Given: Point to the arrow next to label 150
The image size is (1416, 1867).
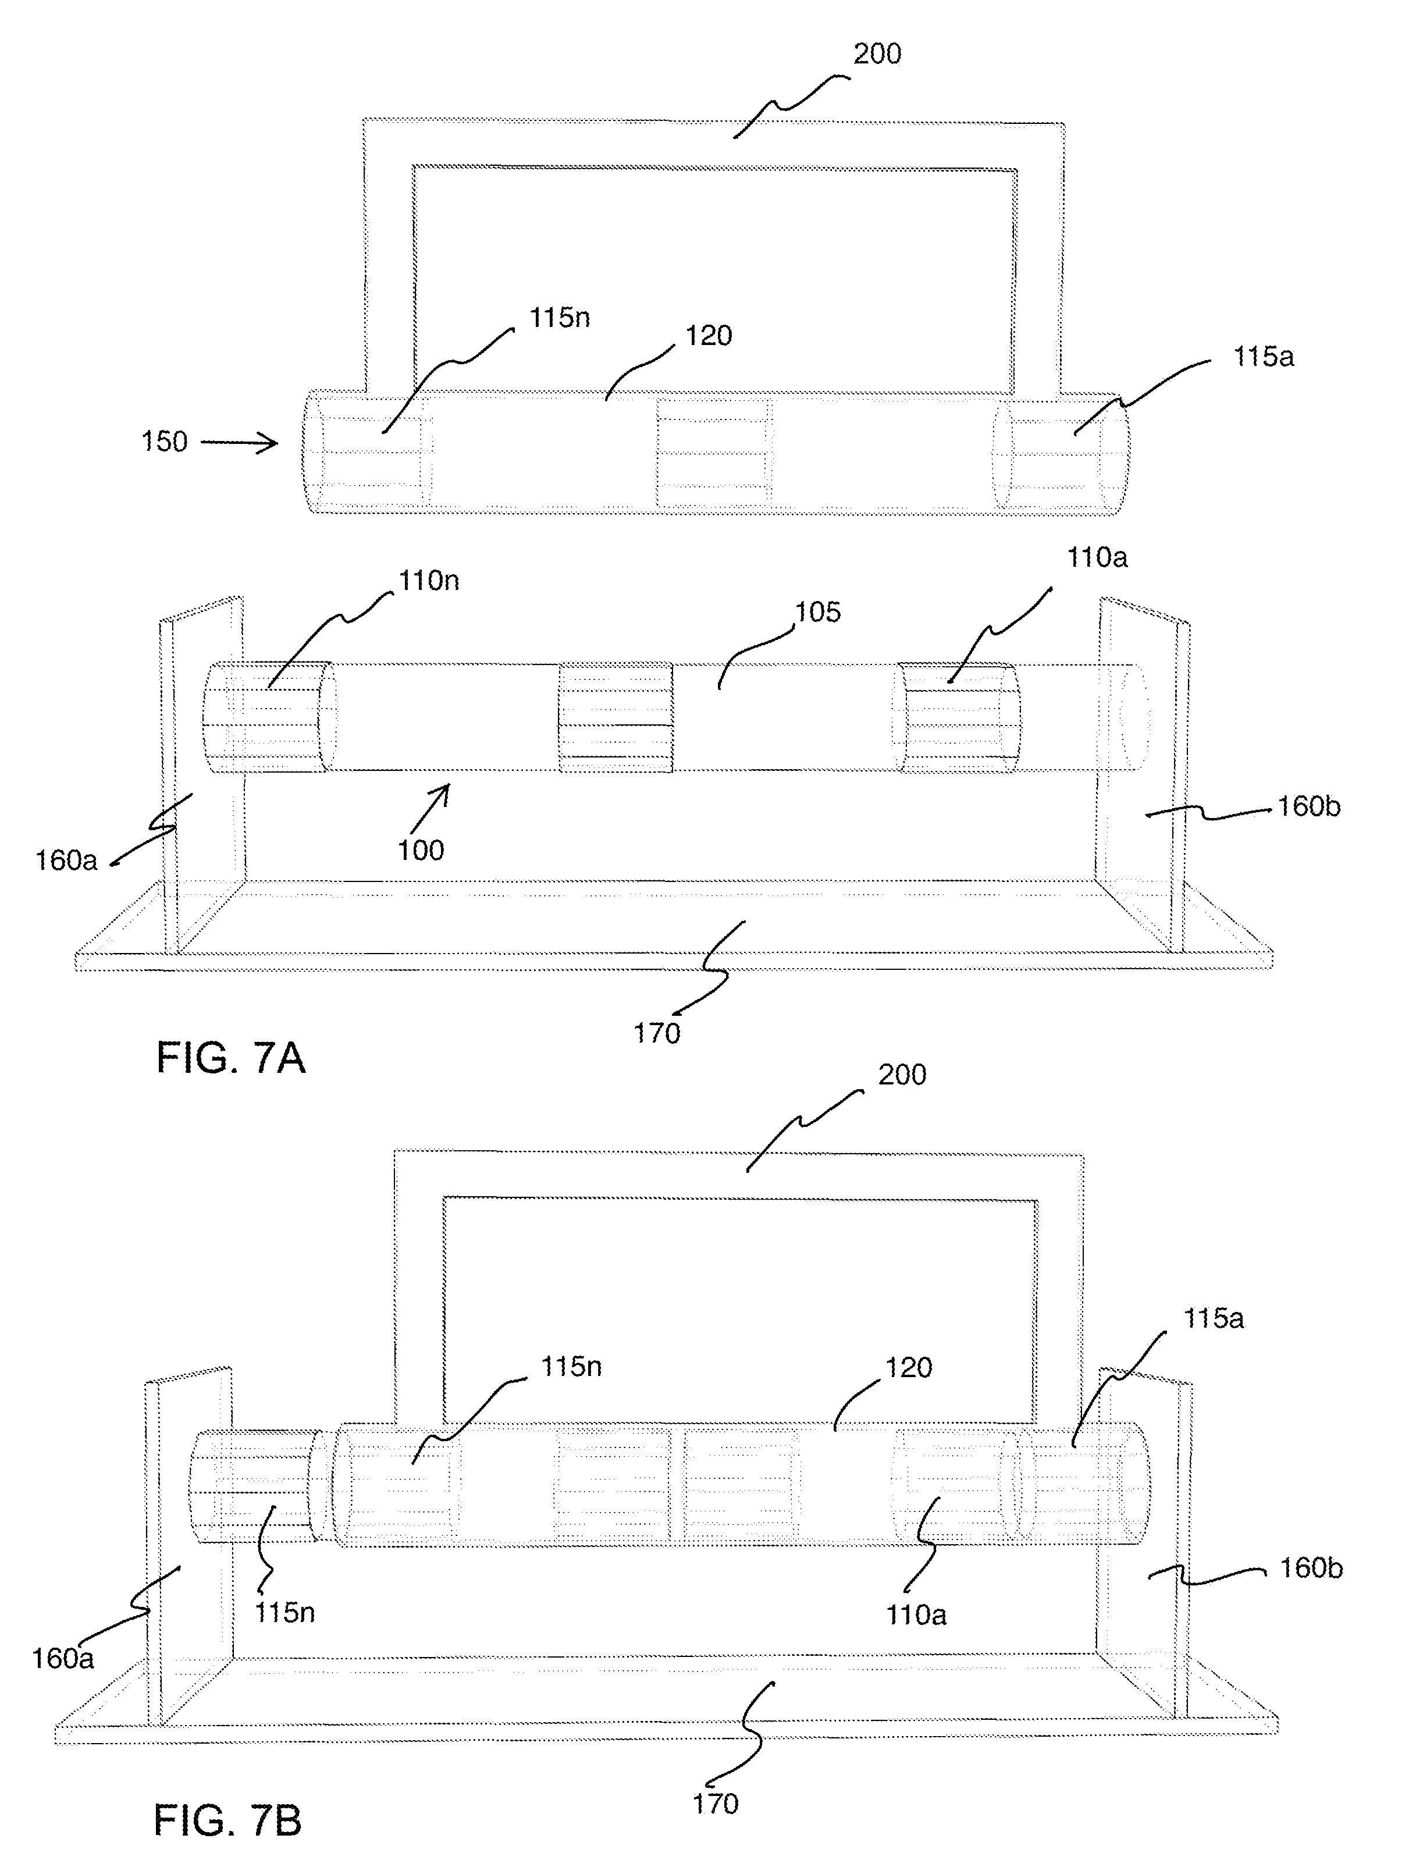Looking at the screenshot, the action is coord(239,442).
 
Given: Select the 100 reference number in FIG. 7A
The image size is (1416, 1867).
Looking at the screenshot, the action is coord(420,850).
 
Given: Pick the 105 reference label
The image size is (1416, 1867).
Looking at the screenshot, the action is coord(818,612).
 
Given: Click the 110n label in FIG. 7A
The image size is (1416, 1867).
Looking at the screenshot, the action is coord(429,581).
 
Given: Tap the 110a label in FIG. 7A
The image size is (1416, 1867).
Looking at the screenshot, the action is coord(1097,558).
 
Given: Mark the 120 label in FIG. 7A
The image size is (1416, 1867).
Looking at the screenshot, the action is coord(708,336).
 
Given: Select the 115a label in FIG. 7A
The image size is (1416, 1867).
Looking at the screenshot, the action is coord(1263,357).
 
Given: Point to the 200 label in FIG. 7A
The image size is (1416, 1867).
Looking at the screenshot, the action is coord(878,54).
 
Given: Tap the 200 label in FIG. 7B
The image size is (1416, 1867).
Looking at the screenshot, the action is coord(902,1075).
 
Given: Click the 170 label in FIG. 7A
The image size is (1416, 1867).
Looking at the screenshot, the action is coord(657,1033).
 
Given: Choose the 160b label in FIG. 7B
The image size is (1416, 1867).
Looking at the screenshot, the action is coord(1311,1568).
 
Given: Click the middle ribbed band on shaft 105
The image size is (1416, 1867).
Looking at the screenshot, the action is coord(615,717).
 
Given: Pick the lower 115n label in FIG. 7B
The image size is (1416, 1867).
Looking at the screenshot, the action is coord(285,1612).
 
